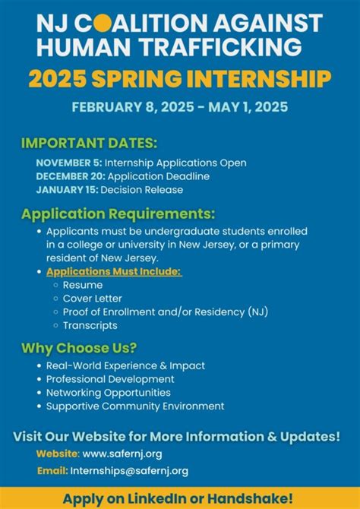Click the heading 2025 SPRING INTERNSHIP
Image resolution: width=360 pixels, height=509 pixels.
coord(180,78)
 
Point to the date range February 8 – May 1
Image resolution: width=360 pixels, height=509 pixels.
coord(180,107)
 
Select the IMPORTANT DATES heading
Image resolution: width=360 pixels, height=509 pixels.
coord(79,143)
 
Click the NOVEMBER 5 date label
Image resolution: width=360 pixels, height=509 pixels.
coord(68,163)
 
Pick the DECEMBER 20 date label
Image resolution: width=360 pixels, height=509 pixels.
coord(69,176)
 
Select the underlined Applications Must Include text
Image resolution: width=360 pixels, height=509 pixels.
coord(115,271)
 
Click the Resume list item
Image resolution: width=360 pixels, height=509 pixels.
coord(83,285)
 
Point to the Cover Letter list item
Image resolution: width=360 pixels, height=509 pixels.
coord(92,299)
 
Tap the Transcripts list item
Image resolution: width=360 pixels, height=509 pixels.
coord(90,325)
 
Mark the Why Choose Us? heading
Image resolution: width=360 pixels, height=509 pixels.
coord(79,348)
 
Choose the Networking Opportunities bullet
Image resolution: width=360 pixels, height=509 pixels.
coord(108,392)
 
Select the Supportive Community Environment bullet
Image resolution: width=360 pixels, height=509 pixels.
coord(135,406)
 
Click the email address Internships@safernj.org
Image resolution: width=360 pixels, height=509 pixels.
coord(129,471)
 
